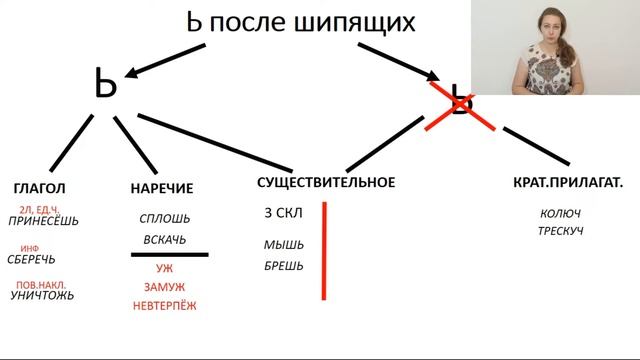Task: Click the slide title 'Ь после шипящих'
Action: [301, 22]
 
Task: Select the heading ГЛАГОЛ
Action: [40, 187]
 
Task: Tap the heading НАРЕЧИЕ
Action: [161, 187]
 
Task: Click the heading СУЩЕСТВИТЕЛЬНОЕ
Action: [326, 182]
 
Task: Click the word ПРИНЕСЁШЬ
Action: [42, 221]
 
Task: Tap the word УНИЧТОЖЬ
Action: [42, 296]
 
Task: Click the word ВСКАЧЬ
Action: [164, 240]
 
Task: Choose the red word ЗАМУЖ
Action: [164, 287]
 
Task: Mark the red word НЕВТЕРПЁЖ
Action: [164, 306]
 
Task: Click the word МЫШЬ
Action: [284, 245]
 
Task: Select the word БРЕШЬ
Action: [284, 266]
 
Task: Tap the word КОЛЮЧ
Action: [560, 213]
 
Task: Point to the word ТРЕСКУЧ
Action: [560, 232]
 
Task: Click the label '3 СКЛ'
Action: [283, 213]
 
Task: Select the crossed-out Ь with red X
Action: [459, 103]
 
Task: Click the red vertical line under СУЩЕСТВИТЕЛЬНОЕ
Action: [324, 250]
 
